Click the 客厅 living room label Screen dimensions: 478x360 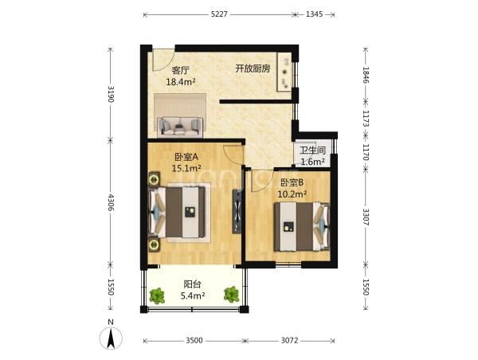coord(181,71)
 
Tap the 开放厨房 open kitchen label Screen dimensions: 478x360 coord(253,68)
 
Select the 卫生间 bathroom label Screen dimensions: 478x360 coord(312,151)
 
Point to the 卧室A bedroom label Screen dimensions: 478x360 coord(186,157)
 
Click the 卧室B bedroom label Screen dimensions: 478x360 coord(292,182)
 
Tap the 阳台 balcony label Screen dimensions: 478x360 coord(192,284)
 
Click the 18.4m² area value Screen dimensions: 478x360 coord(181,82)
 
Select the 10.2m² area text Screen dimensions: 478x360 coord(292,194)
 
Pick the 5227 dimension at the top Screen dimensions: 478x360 coord(219,14)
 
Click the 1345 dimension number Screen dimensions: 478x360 coord(314,14)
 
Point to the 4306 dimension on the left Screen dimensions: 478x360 coord(111,203)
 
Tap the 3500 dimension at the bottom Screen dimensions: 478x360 coord(194,340)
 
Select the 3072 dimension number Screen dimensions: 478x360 coord(289,340)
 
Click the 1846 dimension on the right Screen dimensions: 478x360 coord(366,75)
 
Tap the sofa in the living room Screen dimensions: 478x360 coord(180,126)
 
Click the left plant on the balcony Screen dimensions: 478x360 coord(157,295)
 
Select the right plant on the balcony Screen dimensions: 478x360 coord(232,295)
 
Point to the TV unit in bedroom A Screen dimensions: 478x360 coord(237,212)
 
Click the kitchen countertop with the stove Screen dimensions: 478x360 coord(284,72)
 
